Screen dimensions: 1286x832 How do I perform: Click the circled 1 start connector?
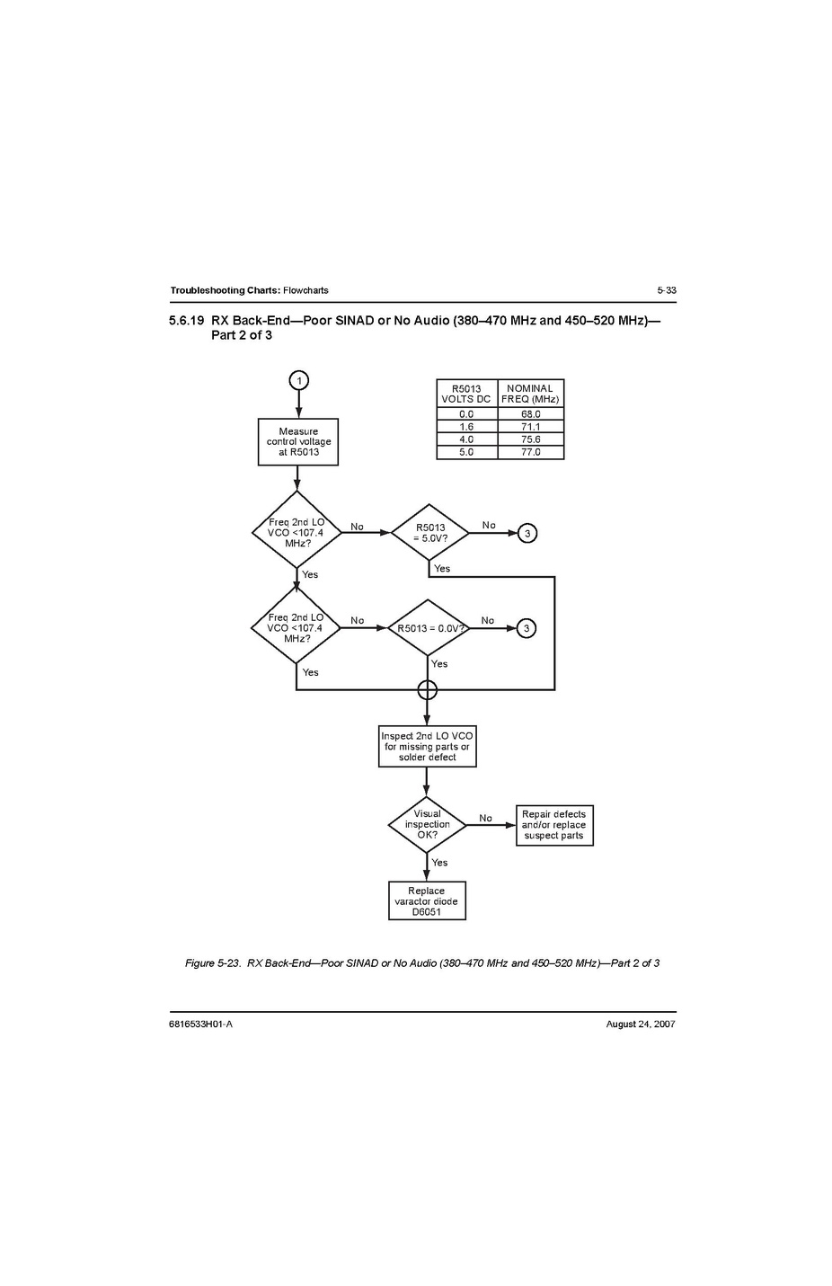298,379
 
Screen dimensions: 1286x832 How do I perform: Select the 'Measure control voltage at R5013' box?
298,442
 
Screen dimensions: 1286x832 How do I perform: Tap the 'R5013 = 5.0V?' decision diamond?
429,533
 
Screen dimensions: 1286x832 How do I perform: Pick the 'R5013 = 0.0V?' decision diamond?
429,628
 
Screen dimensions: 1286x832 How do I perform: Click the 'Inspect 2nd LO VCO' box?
427,746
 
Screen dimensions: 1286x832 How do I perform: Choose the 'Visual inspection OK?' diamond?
427,824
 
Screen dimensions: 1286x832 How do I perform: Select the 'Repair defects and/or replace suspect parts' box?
553,825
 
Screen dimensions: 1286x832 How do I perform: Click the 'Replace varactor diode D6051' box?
427,901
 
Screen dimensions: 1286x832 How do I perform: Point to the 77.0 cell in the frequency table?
531,452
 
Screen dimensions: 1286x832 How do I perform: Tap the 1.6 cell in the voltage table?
466,427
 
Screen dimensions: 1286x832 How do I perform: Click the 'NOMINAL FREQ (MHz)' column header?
530,394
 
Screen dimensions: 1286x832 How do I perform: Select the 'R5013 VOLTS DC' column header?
466,394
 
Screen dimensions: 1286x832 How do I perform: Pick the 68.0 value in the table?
531,414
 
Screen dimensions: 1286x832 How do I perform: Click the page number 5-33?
666,290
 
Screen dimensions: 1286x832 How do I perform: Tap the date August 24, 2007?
641,1024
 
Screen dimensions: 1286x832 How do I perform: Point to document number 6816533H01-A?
200,1024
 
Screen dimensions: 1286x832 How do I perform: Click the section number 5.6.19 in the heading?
187,320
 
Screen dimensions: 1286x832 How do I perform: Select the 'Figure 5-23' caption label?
213,963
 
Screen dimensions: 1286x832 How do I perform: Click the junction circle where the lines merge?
427,689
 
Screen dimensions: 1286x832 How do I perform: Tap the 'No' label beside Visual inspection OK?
485,818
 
